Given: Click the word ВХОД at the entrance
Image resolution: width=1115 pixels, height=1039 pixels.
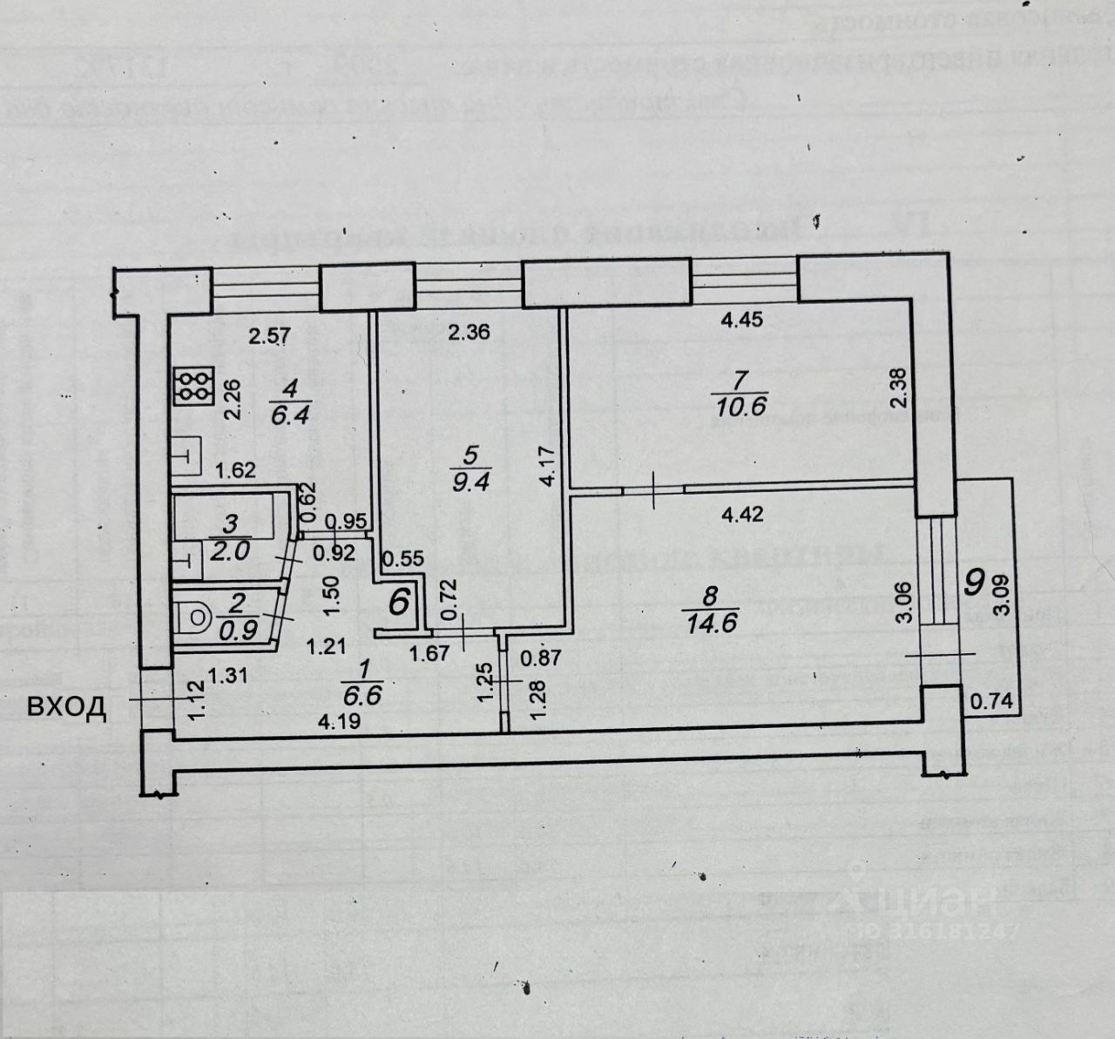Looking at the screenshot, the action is (67, 707).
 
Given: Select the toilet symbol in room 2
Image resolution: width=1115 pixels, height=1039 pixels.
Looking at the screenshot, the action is (193, 618).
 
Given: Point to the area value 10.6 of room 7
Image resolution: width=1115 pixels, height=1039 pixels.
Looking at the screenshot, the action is (738, 406).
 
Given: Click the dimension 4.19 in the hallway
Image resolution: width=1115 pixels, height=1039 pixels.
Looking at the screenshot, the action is (339, 721).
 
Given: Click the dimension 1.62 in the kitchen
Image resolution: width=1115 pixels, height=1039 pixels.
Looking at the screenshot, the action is (235, 471).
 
